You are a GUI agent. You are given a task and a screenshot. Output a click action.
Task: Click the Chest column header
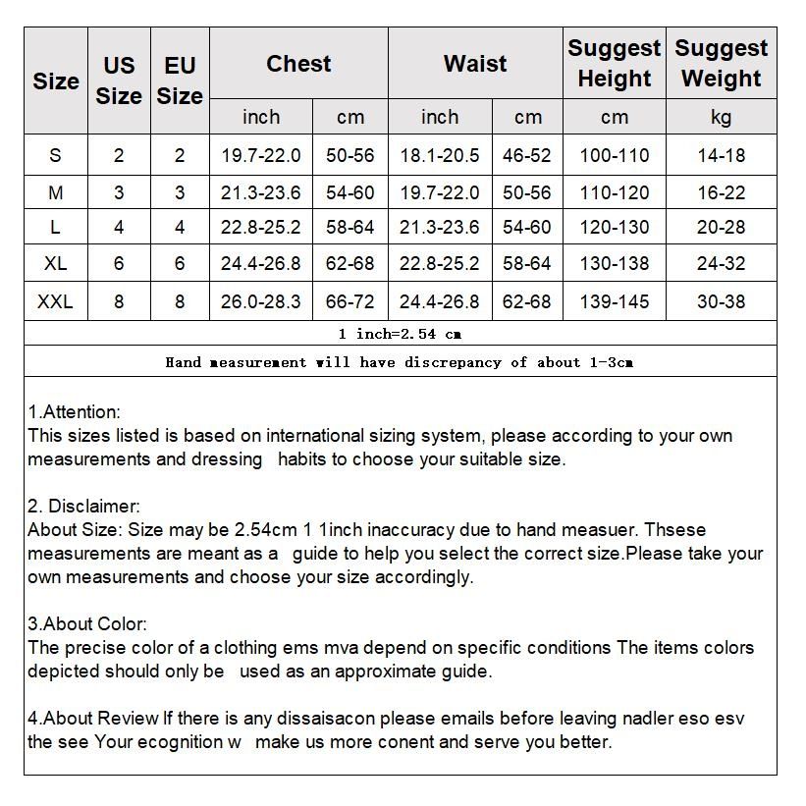click(x=298, y=64)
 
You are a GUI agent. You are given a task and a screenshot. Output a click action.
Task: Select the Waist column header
click(x=475, y=64)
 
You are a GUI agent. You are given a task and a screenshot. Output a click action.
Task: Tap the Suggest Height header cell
click(x=615, y=63)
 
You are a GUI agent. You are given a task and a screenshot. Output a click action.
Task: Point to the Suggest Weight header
click(x=722, y=63)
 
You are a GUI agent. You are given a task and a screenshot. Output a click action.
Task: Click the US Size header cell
click(x=119, y=81)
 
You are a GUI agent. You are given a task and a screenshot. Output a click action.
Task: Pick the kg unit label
click(x=722, y=118)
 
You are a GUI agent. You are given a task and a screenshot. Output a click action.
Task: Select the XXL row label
click(x=55, y=301)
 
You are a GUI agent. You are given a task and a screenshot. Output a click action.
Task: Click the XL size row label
click(x=55, y=263)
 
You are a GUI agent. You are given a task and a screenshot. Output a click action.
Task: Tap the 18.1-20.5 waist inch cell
click(x=440, y=155)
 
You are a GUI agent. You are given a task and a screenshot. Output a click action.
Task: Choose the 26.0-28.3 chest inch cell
click(x=261, y=301)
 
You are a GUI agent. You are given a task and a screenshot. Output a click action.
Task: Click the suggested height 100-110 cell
click(x=615, y=155)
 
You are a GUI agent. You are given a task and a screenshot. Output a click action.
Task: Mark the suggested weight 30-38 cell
click(x=722, y=301)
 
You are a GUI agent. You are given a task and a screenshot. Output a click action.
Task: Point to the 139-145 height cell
click(x=615, y=301)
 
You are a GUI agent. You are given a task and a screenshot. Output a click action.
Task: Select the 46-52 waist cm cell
click(x=527, y=155)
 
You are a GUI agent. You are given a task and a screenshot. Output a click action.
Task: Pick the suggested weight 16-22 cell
click(x=722, y=192)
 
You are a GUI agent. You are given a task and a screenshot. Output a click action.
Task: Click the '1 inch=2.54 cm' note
click(x=400, y=334)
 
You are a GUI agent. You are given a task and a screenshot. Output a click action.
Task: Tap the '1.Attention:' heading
click(x=75, y=412)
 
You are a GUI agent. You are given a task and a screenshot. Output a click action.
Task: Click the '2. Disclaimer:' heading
click(x=84, y=507)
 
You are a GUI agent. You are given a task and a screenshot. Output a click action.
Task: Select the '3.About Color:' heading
click(x=87, y=624)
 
